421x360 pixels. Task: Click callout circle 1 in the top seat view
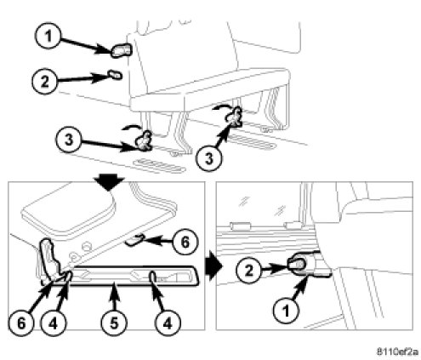48,37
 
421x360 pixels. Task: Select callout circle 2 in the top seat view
44,82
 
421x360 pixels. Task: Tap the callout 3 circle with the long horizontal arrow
69,140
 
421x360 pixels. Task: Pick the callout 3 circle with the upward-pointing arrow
209,158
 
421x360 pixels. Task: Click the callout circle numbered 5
114,323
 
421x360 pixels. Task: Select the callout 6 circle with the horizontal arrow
185,243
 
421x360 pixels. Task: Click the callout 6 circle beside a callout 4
21,323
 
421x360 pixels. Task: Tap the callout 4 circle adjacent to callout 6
54,323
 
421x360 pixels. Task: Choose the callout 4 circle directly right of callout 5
168,323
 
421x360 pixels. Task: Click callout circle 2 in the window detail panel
249,271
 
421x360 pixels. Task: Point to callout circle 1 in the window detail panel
287,311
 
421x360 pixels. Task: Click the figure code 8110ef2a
397,352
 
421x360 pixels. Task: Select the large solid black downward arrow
110,182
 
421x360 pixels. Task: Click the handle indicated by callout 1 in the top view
121,50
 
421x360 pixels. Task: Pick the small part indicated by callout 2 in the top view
115,75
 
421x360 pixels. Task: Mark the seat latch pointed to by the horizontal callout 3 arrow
144,140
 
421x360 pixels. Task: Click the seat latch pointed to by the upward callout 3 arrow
234,117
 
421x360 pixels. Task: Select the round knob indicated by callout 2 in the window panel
297,265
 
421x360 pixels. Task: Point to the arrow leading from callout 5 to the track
114,298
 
